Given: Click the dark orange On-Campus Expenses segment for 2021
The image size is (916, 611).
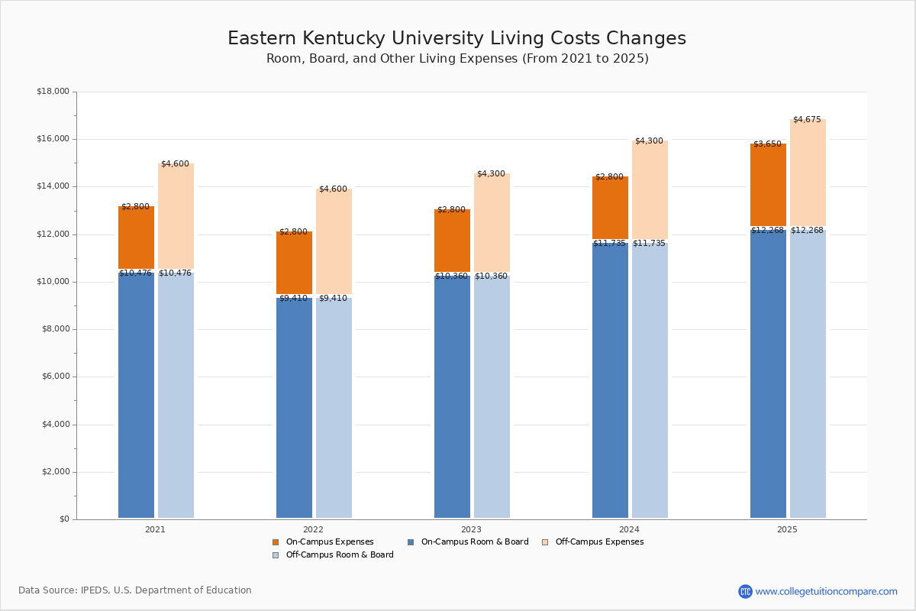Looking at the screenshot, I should (x=136, y=238).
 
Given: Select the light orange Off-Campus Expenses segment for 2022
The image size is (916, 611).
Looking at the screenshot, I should (x=334, y=242).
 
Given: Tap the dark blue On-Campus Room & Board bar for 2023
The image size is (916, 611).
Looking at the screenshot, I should (x=452, y=397).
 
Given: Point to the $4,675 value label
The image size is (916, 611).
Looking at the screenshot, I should (x=807, y=120).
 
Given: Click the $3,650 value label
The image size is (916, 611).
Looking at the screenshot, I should (x=767, y=144).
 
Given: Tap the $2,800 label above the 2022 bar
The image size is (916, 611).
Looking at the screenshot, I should (x=293, y=232).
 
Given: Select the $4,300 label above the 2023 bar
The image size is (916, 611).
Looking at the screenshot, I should (x=491, y=174).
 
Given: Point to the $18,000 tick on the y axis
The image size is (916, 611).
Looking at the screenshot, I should (x=53, y=92).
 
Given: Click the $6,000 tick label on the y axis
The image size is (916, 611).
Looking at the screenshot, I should (x=55, y=377).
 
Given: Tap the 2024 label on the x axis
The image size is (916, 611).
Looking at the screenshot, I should (x=629, y=529).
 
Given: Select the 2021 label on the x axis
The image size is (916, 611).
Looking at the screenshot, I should (x=155, y=529).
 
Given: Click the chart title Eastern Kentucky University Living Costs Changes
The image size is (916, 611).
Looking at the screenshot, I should (x=456, y=39).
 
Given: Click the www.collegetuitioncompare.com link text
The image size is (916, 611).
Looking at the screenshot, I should (x=826, y=591).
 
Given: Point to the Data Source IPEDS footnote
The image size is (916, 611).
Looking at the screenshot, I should (x=135, y=590).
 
